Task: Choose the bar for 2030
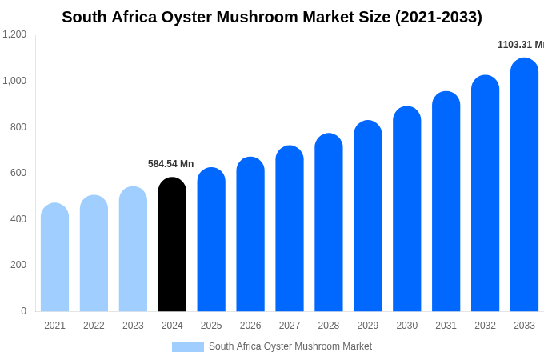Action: (x=406, y=209)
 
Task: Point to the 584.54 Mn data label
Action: (x=170, y=164)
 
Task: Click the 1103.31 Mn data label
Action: (x=520, y=45)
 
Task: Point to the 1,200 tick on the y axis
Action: (x=14, y=34)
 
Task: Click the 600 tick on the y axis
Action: (x=18, y=173)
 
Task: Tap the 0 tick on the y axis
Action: (x=23, y=311)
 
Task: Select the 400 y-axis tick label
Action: (x=18, y=219)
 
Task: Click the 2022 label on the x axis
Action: (x=94, y=326)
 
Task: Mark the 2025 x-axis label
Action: (x=211, y=326)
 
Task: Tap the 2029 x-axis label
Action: (x=367, y=326)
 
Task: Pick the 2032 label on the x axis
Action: (x=485, y=326)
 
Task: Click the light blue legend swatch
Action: (x=188, y=347)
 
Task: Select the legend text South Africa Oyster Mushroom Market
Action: (x=290, y=346)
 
